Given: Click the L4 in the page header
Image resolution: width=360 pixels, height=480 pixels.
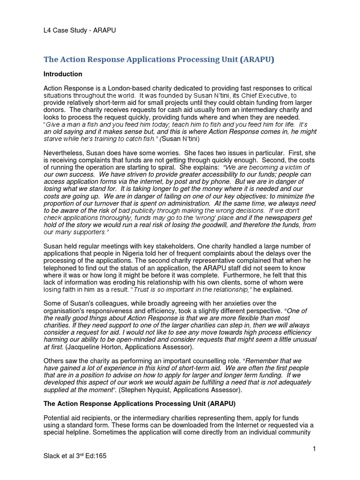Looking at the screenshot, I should click(x=47, y=30).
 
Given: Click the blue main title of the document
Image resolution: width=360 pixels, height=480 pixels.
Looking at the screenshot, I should click(x=159, y=60).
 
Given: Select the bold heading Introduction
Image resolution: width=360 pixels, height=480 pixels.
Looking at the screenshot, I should click(x=63, y=74).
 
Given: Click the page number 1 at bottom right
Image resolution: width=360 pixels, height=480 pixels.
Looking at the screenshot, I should click(x=314, y=449).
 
